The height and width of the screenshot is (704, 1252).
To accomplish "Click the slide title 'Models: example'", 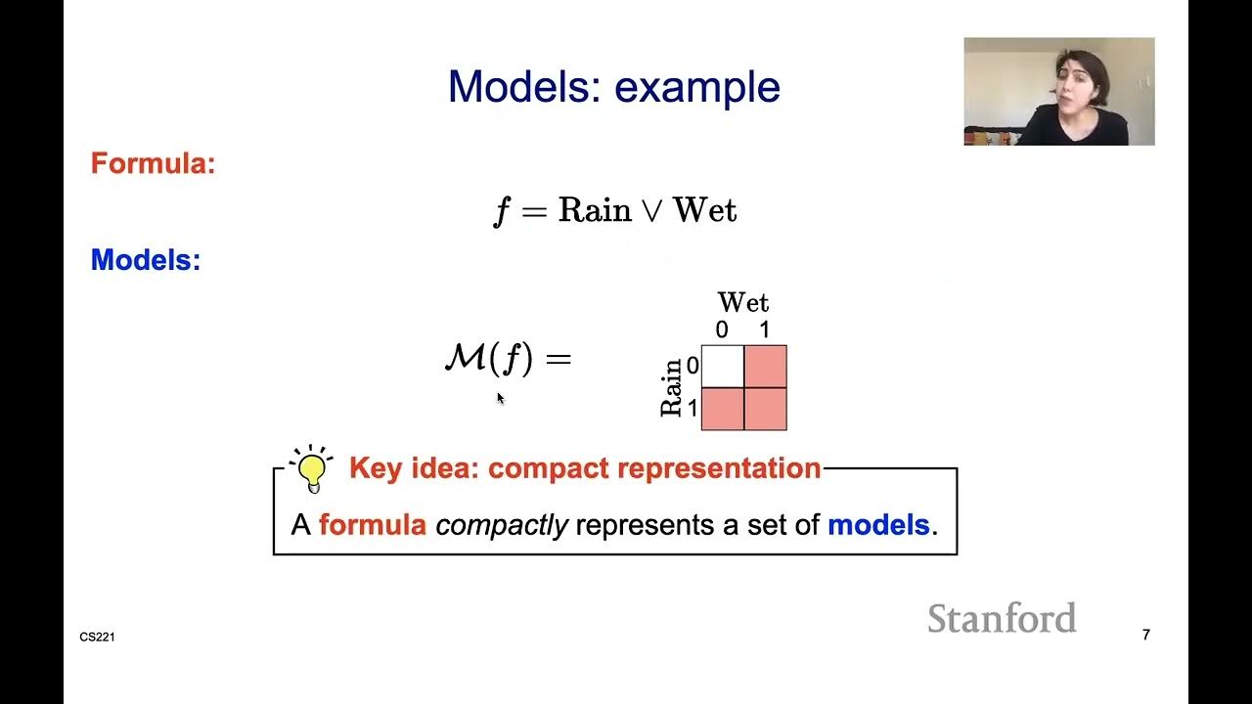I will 613,87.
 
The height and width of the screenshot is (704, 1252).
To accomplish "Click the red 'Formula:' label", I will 153,163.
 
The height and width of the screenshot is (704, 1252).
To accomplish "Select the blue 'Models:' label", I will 146,260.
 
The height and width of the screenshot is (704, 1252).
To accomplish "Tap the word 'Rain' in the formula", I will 594,210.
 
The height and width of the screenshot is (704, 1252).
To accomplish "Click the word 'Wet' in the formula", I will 704,210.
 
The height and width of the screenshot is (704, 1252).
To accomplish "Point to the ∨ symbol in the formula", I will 651,211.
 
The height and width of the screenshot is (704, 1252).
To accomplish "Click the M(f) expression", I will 489,359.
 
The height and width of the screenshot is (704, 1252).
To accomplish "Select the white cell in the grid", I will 723,367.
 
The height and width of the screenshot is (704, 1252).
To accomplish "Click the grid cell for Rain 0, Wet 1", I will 765,367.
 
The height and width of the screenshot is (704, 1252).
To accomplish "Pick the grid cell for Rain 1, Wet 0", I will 723,409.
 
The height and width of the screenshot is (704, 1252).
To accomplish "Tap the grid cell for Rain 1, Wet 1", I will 765,409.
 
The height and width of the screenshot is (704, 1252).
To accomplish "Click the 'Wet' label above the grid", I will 742,302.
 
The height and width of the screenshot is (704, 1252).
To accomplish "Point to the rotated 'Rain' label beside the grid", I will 671,388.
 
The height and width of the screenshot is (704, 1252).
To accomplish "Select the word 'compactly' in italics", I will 501,525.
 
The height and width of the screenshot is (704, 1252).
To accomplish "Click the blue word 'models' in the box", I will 877,525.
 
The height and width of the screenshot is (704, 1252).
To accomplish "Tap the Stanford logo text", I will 1002,618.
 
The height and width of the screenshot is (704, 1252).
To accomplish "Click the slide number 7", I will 1145,636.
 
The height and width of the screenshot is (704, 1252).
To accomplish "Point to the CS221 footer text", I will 98,638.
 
